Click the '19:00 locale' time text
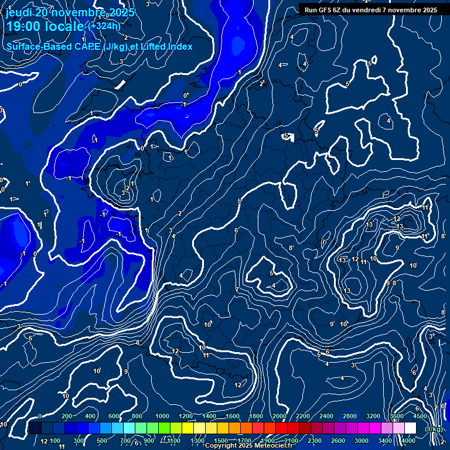(45, 27)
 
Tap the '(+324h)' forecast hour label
(104, 26)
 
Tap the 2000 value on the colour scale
(279, 416)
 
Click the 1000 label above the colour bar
(162, 416)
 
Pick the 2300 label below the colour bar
(314, 441)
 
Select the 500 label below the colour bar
(102, 441)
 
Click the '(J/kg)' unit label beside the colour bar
(434, 429)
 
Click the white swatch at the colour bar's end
(410, 428)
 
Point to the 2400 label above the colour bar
(326, 416)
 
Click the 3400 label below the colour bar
(385, 441)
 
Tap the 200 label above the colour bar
(67, 416)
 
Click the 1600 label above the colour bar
(233, 416)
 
